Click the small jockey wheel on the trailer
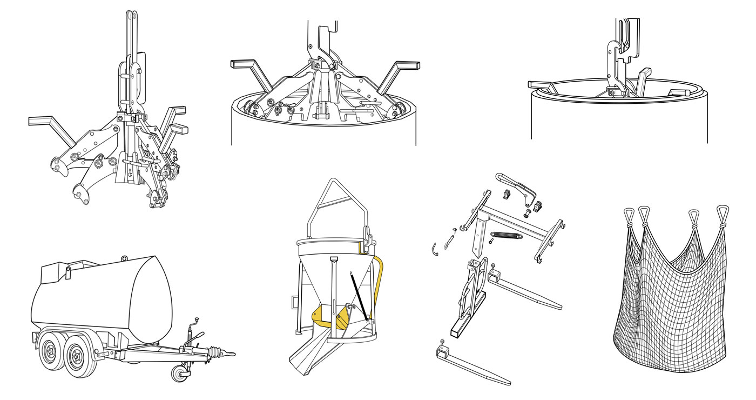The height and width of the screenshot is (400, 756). [178, 373]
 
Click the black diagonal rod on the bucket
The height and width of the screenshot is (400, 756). [360, 295]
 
